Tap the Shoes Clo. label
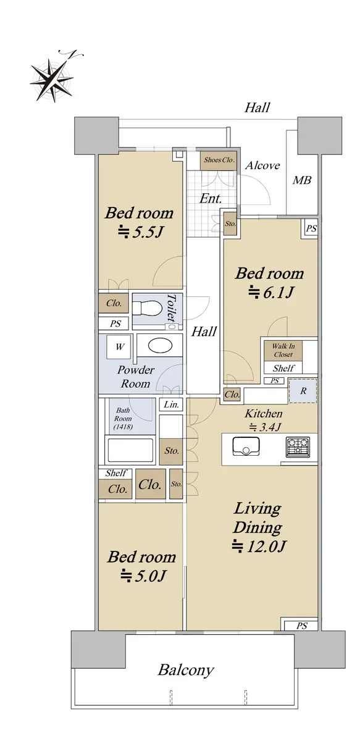click(x=219, y=160)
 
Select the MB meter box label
click(x=302, y=180)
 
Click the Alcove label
click(x=262, y=165)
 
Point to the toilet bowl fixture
click(x=148, y=308)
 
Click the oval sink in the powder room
click(x=160, y=345)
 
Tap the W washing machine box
click(x=120, y=346)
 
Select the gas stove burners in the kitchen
click(x=298, y=447)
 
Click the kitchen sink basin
click(x=246, y=446)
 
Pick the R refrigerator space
click(x=303, y=391)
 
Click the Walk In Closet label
click(x=283, y=350)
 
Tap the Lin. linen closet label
click(x=172, y=404)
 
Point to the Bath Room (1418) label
click(x=123, y=419)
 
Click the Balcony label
click(x=186, y=670)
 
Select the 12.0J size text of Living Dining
click(x=259, y=546)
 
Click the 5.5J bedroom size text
click(x=141, y=232)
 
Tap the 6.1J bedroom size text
click(x=271, y=293)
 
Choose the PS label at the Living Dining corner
click(x=301, y=626)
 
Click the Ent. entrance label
click(x=211, y=198)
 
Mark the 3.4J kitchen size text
click(x=265, y=427)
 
